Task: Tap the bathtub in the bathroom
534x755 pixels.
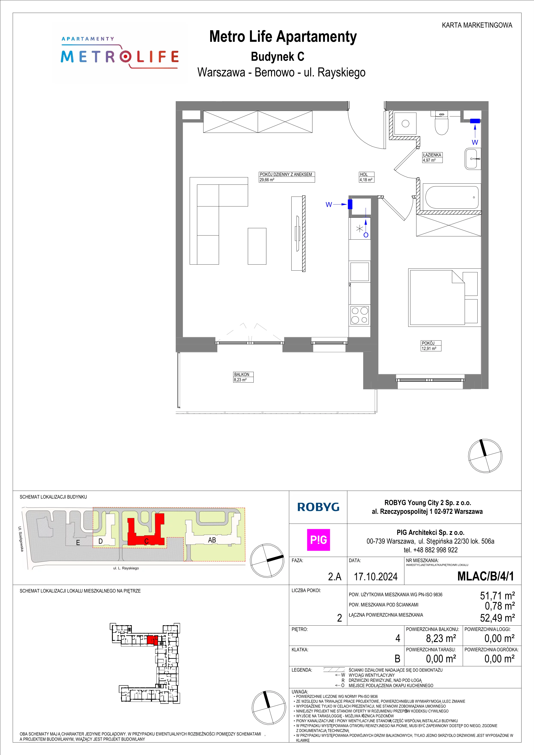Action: (452, 197)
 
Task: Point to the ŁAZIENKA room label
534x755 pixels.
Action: (432, 155)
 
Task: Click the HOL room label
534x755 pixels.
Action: (364, 175)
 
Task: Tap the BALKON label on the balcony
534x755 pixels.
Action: (242, 374)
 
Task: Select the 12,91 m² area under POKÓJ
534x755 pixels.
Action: (429, 349)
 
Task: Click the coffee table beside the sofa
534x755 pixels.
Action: (257, 246)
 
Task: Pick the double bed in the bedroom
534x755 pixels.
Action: (443, 298)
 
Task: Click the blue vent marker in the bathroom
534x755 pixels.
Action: (475, 121)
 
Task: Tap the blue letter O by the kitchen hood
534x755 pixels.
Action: (366, 235)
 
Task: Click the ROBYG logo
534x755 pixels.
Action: (318, 507)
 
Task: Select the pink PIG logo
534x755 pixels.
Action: (318, 540)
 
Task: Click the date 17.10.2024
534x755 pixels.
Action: (376, 577)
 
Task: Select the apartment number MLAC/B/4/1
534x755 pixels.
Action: (486, 576)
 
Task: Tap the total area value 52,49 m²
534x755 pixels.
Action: (497, 618)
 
